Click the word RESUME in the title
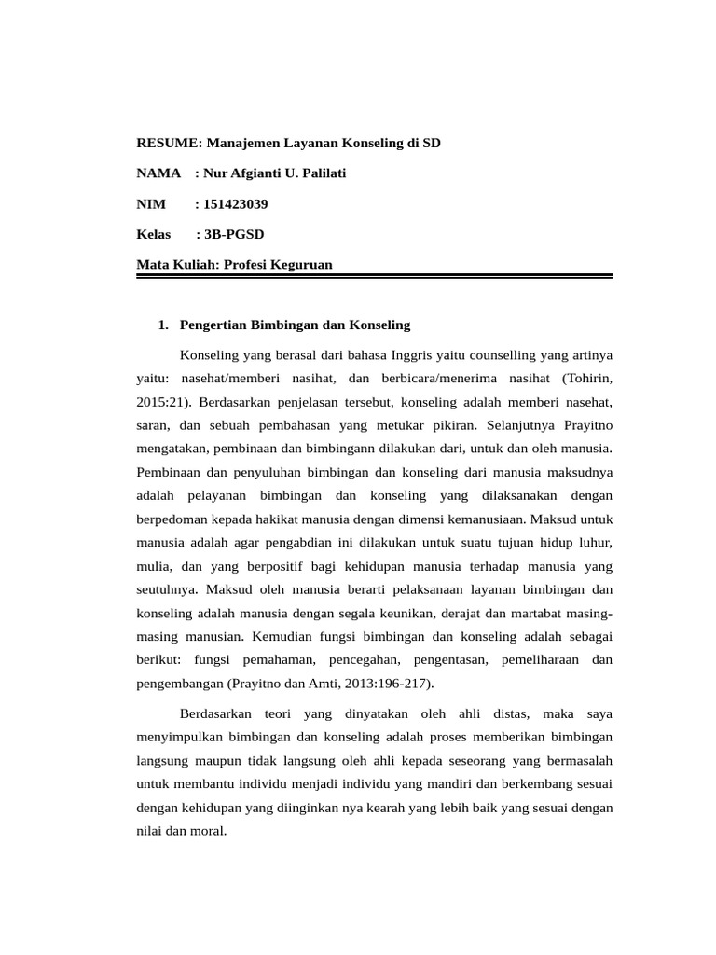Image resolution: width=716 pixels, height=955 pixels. [x=168, y=143]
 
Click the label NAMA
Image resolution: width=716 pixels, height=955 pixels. [x=158, y=173]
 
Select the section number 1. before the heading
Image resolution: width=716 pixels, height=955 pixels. [x=164, y=325]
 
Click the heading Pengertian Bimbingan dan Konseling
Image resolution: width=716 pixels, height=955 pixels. [x=295, y=325]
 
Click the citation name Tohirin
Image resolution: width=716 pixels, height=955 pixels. [x=586, y=379]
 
